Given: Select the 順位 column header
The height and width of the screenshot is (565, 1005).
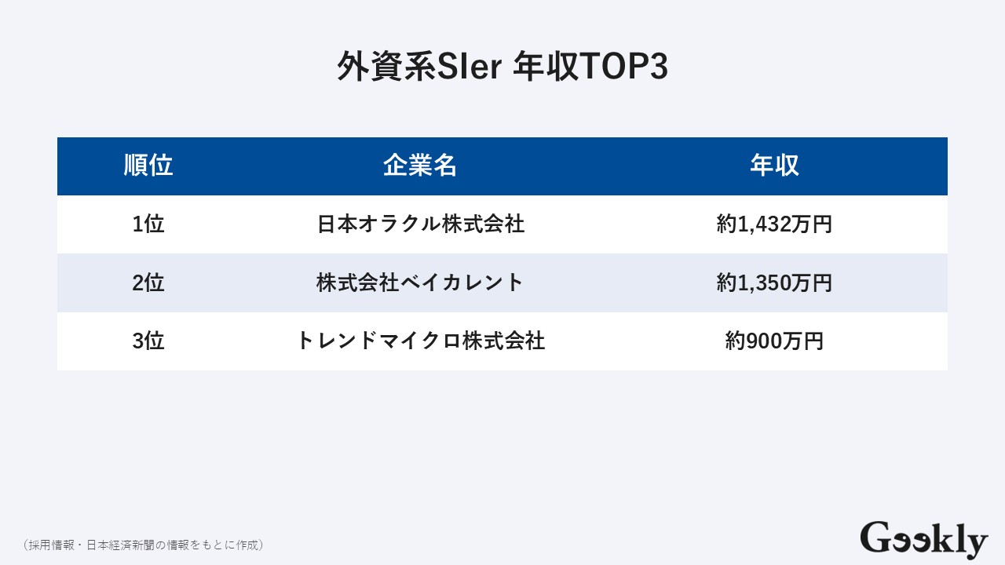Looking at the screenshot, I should coord(148,166).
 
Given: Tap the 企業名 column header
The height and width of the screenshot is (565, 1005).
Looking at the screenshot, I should coord(420,166).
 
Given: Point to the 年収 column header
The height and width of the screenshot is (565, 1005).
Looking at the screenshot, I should coord(774,166).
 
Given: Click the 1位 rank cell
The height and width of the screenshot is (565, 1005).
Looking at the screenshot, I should coord(148,224).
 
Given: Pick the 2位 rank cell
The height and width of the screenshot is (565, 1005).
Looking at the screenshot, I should coord(148,282).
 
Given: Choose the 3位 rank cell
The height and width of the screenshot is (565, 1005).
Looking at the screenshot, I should coord(148,341).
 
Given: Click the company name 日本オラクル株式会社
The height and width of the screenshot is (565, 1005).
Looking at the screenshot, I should coord(420,224).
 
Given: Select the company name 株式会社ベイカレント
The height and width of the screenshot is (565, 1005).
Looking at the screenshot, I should coord(420,282).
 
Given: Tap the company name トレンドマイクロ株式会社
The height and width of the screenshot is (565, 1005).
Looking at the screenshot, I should coord(420,341).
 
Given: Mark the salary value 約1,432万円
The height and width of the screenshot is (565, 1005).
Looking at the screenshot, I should coord(774,224).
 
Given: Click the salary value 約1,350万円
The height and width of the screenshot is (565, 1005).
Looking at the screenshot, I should coord(774,282).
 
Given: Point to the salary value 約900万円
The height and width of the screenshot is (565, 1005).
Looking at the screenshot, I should coord(774,341).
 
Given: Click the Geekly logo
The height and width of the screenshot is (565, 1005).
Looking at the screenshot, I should coord(923,539).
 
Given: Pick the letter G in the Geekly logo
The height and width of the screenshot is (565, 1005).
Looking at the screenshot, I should coord(875,538).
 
